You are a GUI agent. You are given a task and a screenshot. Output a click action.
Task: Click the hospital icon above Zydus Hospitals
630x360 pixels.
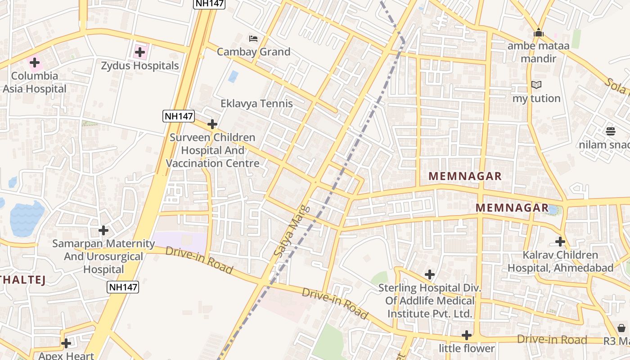tap(140, 52)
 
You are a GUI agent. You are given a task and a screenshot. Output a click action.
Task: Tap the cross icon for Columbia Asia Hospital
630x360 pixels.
tap(35, 63)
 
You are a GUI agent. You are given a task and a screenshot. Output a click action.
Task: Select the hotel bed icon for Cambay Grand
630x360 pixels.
tap(253, 39)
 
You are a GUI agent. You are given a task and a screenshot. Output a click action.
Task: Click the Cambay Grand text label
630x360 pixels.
tap(253, 52)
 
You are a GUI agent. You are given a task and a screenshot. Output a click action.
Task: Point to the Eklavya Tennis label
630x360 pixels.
tap(256, 103)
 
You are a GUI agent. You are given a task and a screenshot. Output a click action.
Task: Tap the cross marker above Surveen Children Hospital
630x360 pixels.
tap(212, 124)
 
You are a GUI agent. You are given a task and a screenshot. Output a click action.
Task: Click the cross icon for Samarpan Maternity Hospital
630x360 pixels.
tap(103, 230)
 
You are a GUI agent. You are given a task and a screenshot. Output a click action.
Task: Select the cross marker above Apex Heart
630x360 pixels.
tap(66, 343)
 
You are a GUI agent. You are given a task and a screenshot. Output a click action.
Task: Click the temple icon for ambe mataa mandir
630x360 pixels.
tap(538, 32)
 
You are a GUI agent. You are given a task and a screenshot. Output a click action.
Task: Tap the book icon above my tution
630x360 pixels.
tap(536, 85)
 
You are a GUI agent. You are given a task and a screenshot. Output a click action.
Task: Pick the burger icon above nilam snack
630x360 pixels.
tap(611, 131)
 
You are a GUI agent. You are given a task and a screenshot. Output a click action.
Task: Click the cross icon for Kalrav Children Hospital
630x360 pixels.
tap(560, 242)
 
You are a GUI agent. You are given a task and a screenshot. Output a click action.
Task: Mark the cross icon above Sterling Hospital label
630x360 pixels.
tap(430, 274)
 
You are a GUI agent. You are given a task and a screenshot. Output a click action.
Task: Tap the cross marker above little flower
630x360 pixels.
tap(467, 335)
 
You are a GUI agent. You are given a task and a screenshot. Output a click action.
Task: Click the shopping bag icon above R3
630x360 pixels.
tap(621, 328)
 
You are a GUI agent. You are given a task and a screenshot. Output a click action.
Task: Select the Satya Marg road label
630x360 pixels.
tap(292, 231)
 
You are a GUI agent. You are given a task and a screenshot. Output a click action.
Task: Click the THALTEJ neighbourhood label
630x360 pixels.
tap(22, 280)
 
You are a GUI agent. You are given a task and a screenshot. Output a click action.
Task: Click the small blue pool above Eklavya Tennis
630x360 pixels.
tap(233, 76)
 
